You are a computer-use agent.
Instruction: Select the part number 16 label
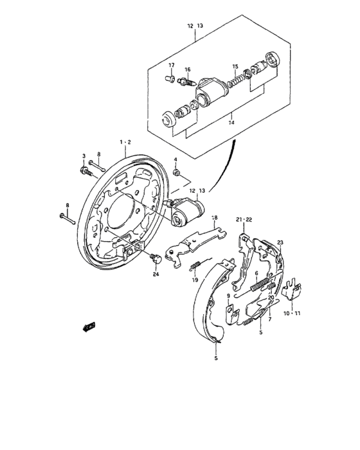(188, 69)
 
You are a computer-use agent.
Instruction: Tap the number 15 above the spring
(235, 67)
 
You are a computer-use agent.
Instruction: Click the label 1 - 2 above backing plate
(124, 142)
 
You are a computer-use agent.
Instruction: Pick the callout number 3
(84, 156)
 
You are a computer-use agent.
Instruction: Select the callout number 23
(280, 242)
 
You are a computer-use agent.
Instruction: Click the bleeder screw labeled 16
(187, 82)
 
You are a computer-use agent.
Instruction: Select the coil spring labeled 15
(239, 80)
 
